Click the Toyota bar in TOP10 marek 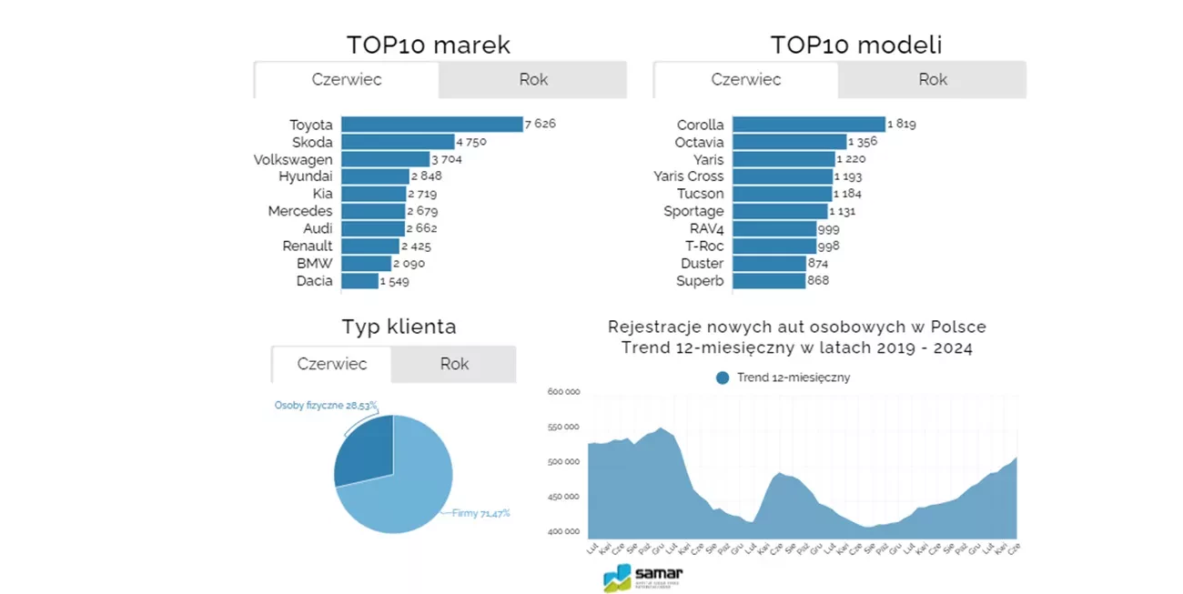(x=431, y=125)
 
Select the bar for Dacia (x=359, y=281)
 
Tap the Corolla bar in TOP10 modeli (x=808, y=125)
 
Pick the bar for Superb (x=769, y=281)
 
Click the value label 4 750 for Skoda (x=471, y=142)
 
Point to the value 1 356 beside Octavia (x=864, y=142)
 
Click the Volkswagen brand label (x=293, y=160)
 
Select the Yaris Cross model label (x=689, y=176)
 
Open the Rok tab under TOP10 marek (x=533, y=80)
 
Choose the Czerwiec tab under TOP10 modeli (x=746, y=80)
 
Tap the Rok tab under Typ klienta (x=454, y=365)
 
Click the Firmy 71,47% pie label (x=481, y=513)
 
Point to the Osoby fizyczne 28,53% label (x=326, y=406)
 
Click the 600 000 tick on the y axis (x=563, y=392)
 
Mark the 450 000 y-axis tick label (x=563, y=497)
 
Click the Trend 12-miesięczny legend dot (x=723, y=378)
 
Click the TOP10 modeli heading (x=855, y=45)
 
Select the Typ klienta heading (x=399, y=327)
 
